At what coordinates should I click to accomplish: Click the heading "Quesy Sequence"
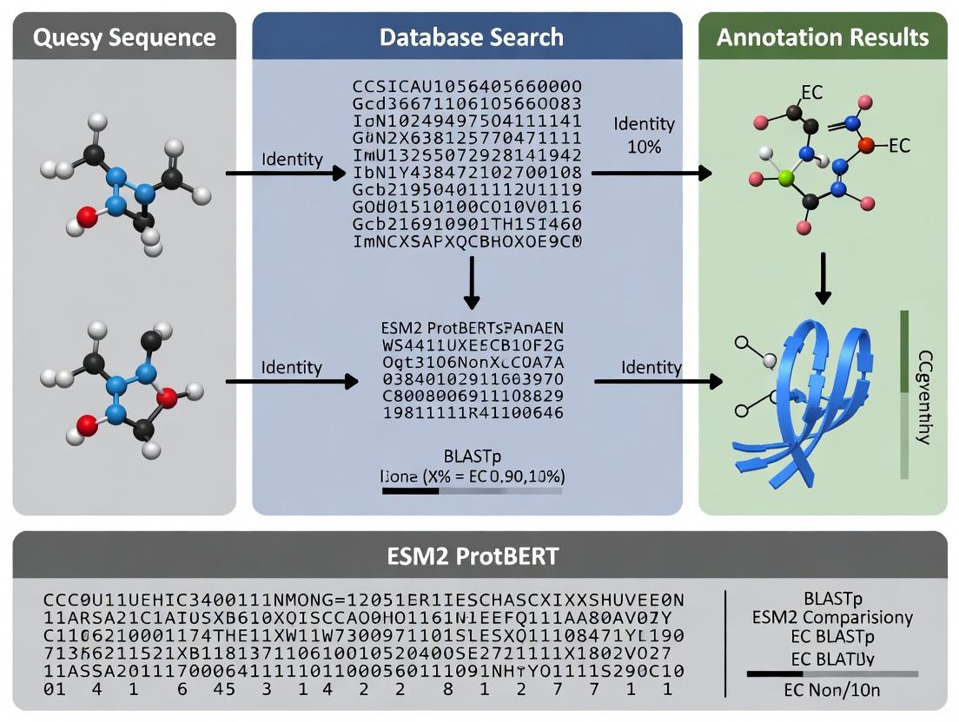pyautogui.click(x=124, y=37)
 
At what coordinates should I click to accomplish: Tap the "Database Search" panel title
pyautogui.click(x=471, y=37)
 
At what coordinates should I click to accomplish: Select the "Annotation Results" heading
pyautogui.click(x=823, y=37)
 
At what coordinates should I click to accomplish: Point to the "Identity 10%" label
pyautogui.click(x=644, y=135)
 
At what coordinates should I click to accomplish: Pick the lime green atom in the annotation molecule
pyautogui.click(x=787, y=178)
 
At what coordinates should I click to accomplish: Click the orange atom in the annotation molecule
pyautogui.click(x=865, y=146)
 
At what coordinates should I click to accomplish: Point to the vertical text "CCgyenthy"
pyautogui.click(x=924, y=397)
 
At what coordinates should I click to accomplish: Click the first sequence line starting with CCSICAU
pyautogui.click(x=466, y=86)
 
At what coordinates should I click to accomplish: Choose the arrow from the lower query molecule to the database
pyautogui.click(x=291, y=381)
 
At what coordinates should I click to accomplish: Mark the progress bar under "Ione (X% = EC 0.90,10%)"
pyautogui.click(x=472, y=491)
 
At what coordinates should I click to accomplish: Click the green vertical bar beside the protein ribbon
pyautogui.click(x=904, y=395)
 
